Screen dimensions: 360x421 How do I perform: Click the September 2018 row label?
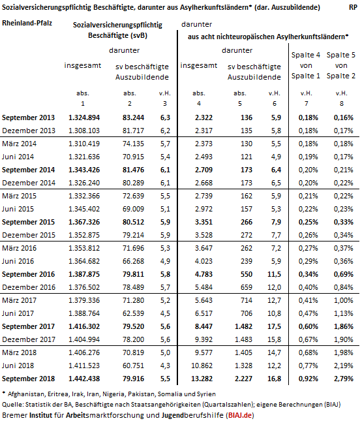[28, 379]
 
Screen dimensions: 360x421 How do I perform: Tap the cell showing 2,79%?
[343, 379]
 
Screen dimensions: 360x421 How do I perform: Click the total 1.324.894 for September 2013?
[84, 117]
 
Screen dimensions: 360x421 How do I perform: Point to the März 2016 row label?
[19, 248]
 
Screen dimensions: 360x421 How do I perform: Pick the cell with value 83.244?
[133, 117]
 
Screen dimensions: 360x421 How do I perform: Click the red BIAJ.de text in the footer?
[240, 415]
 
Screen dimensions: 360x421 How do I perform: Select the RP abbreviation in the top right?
[353, 7]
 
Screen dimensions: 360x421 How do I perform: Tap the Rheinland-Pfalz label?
[27, 23]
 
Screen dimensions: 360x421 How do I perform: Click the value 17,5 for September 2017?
[274, 326]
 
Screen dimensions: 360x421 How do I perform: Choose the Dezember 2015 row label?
[29, 235]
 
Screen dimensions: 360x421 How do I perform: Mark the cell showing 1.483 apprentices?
[243, 339]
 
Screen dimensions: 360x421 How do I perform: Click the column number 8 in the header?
[342, 103]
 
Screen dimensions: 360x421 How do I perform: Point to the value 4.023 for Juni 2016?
[203, 261]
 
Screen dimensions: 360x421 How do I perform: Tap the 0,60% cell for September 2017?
[308, 326]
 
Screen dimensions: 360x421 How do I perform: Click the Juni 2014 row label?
[18, 157]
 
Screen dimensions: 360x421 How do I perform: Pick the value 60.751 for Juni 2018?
[133, 366]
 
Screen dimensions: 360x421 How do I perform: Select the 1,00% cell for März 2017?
[343, 300]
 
